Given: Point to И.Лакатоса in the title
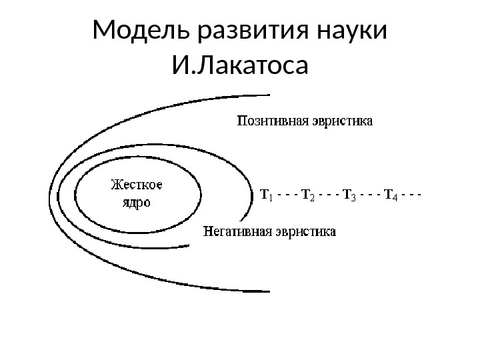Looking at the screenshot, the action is (x=240, y=66).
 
